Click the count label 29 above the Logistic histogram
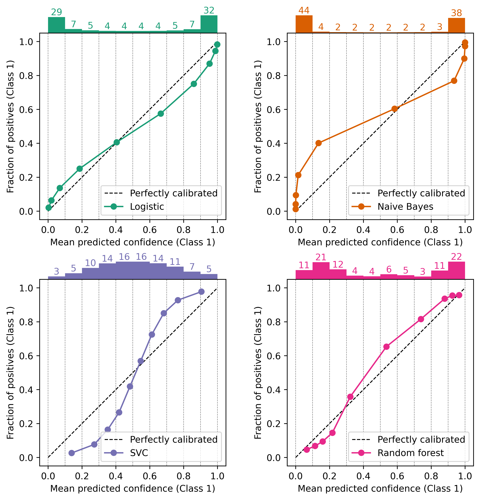(x=56, y=12)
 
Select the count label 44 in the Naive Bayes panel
(x=304, y=10)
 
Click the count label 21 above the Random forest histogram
(x=321, y=257)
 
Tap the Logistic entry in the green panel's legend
(x=147, y=207)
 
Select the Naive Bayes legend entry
(x=405, y=207)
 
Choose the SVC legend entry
(x=139, y=453)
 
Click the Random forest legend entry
(x=410, y=453)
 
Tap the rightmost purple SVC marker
(x=201, y=292)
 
